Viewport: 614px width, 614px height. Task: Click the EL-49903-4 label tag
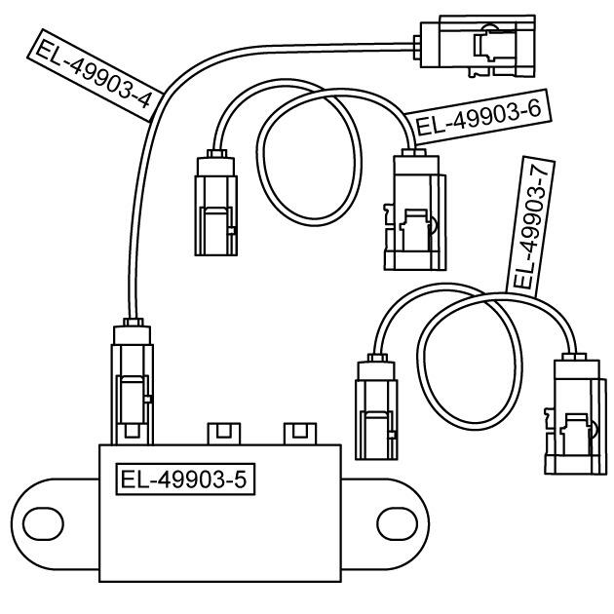tap(96, 75)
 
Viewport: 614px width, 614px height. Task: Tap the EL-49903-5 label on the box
tap(185, 480)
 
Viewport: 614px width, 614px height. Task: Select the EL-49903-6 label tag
tap(478, 117)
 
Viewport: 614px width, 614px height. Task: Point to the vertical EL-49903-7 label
tap(530, 225)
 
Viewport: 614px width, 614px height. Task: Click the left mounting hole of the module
tap(43, 523)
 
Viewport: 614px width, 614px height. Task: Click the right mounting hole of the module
tap(397, 523)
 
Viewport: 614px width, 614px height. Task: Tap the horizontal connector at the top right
tap(475, 46)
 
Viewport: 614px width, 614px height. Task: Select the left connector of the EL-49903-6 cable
tap(215, 203)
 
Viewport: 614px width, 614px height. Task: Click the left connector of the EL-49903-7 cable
tap(376, 406)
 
